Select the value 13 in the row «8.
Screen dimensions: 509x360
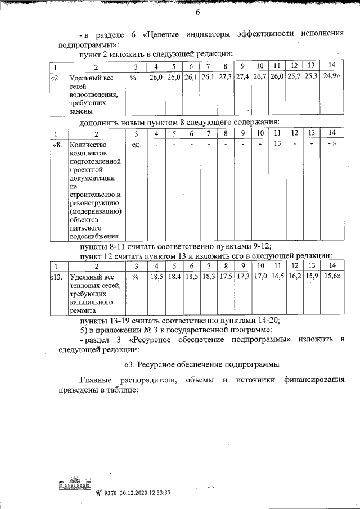tap(277, 144)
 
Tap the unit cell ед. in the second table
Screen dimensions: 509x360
tap(136, 145)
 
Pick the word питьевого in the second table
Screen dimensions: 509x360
tap(85, 228)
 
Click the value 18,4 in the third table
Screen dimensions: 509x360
tap(174, 277)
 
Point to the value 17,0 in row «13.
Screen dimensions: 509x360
tap(260, 277)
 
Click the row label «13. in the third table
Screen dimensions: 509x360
tap(56, 277)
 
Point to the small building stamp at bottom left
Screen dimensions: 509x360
tap(74, 485)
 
